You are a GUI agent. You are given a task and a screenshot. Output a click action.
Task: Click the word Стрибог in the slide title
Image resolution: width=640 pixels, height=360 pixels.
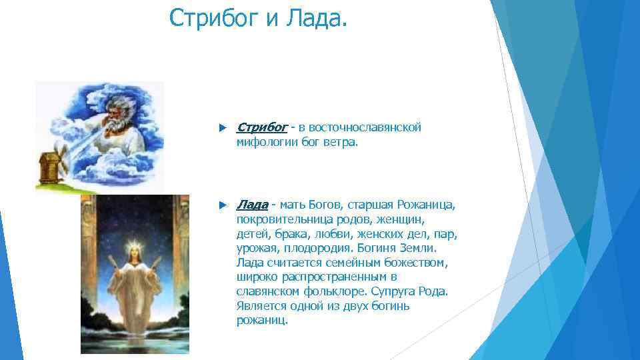[x=214, y=18]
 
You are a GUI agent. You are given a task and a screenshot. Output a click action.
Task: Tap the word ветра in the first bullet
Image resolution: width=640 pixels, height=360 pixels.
[x=342, y=142]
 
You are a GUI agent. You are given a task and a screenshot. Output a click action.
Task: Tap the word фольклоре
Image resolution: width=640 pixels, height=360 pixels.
[x=325, y=291]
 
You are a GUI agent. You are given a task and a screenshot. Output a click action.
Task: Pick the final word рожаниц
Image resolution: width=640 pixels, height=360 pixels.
[x=262, y=321]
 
